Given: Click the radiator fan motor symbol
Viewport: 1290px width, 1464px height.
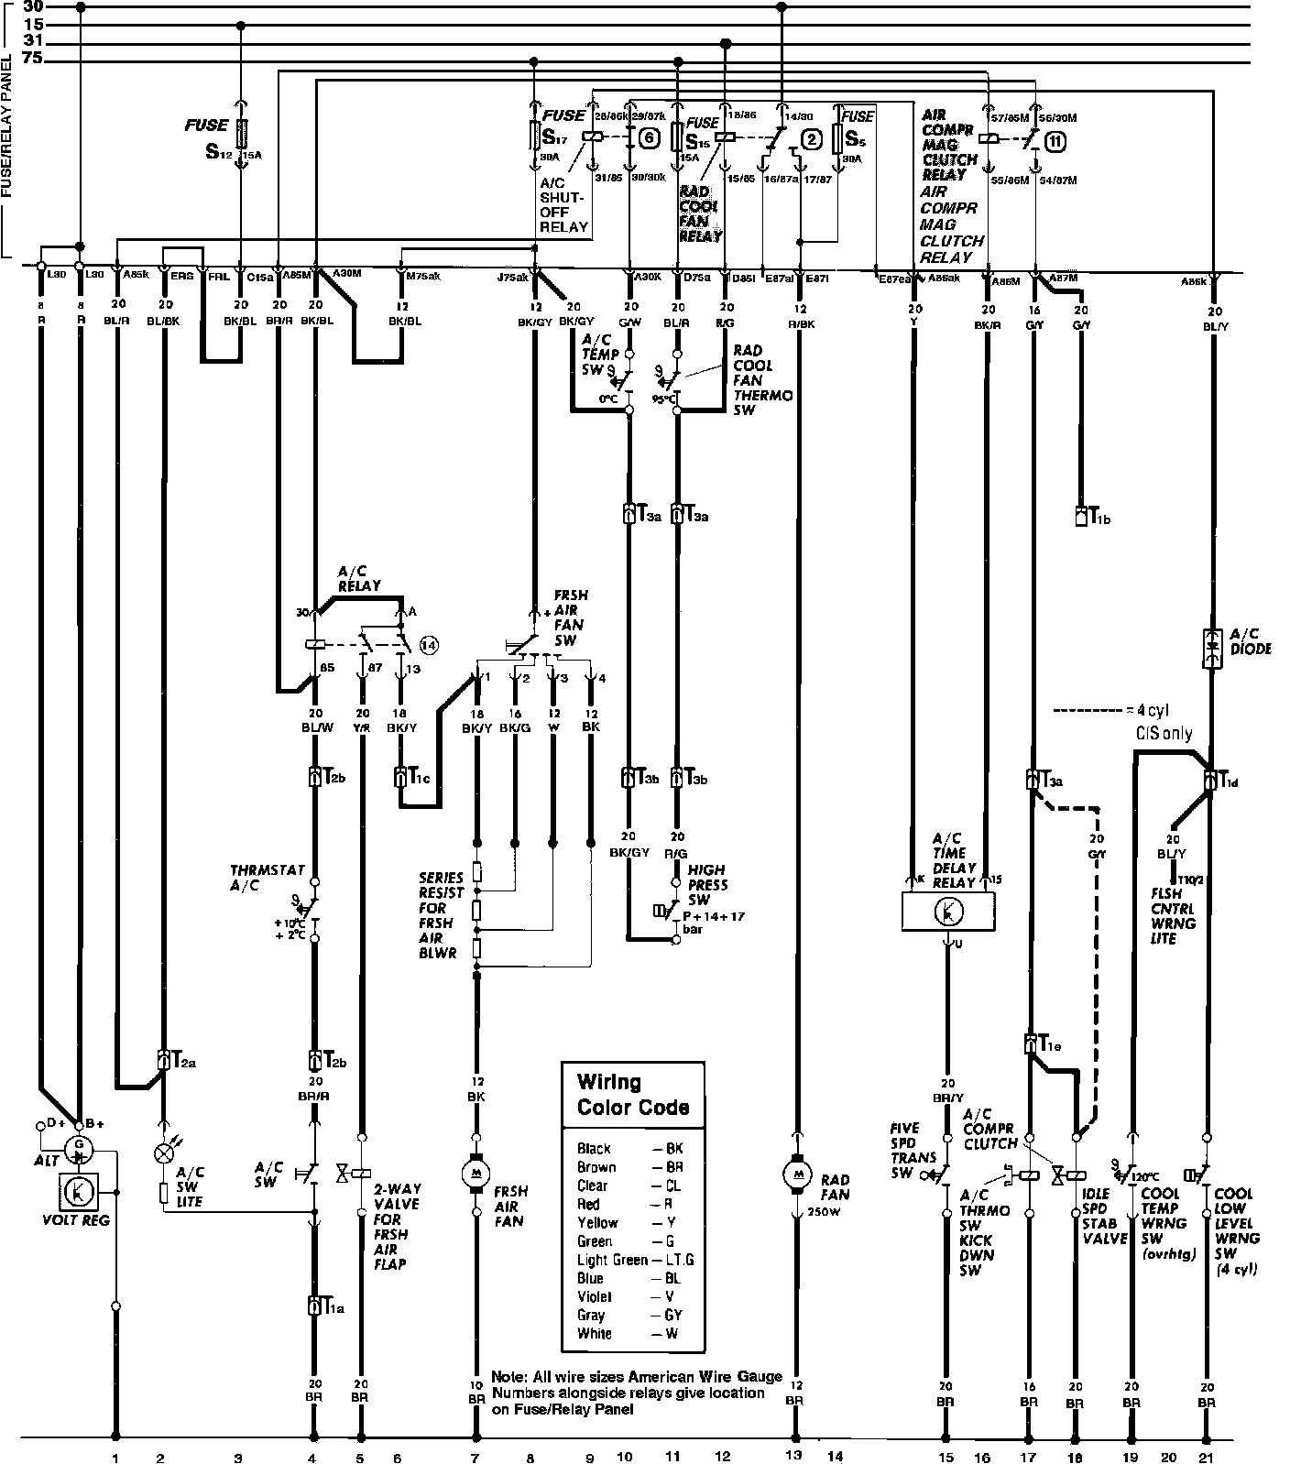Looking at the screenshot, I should click(794, 1174).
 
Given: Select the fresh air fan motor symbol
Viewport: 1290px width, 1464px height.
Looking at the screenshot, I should click(476, 1172).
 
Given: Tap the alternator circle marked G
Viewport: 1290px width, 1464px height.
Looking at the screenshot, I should click(80, 1146).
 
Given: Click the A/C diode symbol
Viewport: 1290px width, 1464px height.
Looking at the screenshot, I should click(1212, 647).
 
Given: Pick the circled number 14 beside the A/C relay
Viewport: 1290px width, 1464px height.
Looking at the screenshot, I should click(429, 644).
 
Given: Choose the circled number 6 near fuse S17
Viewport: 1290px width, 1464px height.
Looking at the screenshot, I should click(649, 138).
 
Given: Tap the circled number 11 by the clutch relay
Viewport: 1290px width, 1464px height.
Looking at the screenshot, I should click(1056, 142).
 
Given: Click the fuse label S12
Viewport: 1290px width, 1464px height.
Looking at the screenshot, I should click(217, 150).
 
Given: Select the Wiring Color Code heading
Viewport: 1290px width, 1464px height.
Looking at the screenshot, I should click(632, 1094).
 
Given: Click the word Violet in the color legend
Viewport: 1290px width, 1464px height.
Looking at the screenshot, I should click(593, 1296).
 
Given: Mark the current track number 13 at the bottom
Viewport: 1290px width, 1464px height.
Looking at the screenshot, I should click(793, 1455).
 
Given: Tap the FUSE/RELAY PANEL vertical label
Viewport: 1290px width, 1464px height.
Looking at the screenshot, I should click(7, 128).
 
